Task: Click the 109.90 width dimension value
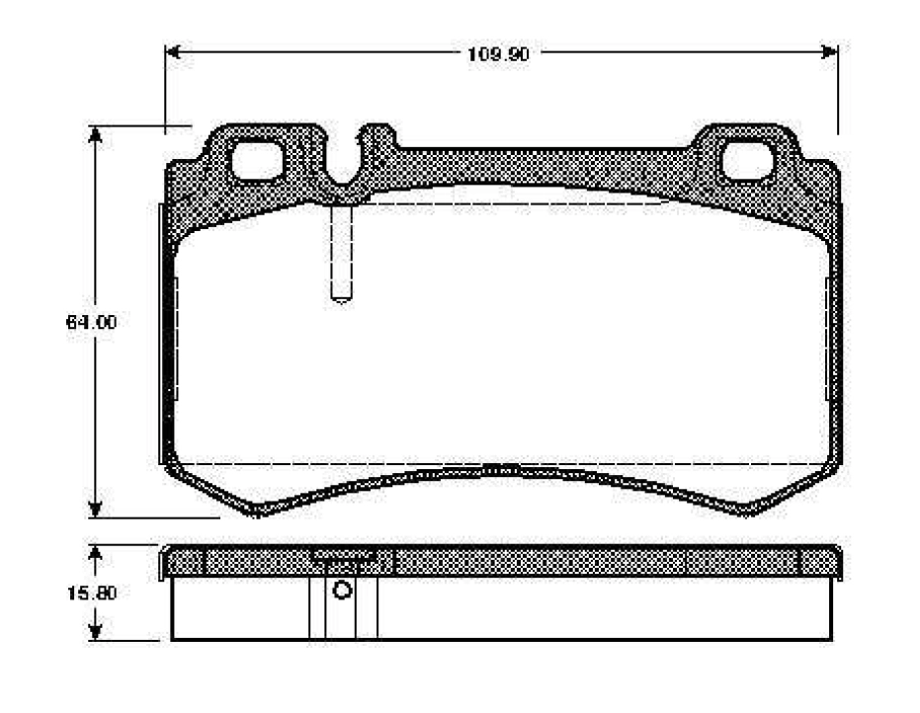click(498, 54)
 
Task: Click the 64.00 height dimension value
click(92, 322)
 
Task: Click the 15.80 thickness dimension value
click(92, 593)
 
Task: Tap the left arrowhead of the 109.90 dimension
click(173, 51)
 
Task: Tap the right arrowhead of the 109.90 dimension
click(830, 51)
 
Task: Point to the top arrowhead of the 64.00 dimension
click(95, 134)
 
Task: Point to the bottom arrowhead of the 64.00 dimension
click(95, 510)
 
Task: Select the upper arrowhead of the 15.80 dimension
click(95, 553)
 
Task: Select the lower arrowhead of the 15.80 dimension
click(95, 632)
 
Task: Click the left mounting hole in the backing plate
click(257, 161)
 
